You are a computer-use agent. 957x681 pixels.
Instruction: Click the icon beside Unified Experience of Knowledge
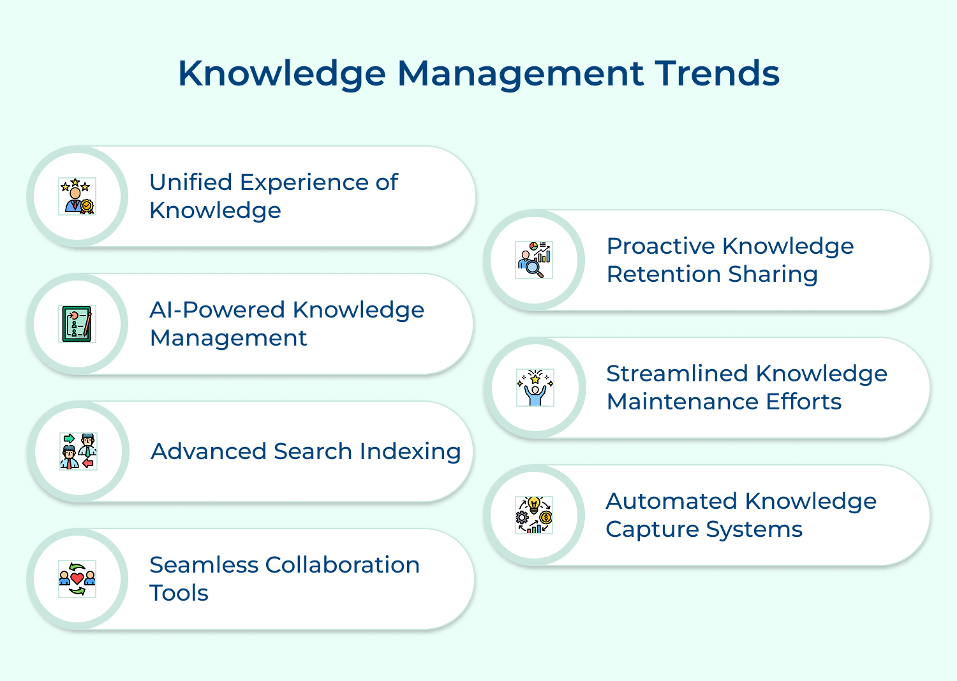(77, 196)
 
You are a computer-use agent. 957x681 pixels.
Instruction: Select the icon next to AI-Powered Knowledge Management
(77, 324)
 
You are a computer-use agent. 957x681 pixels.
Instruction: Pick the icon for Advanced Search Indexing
(78, 451)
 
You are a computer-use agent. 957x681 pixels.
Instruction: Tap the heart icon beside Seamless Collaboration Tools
(77, 579)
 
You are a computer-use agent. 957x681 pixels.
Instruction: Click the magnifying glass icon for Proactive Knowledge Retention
(534, 260)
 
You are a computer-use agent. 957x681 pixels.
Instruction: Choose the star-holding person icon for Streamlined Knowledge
(535, 388)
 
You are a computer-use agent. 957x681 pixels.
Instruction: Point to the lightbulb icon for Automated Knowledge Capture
(534, 515)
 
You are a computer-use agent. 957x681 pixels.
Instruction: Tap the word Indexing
(410, 452)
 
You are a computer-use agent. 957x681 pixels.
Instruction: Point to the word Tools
(179, 594)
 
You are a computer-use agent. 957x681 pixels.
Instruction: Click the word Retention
(663, 275)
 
